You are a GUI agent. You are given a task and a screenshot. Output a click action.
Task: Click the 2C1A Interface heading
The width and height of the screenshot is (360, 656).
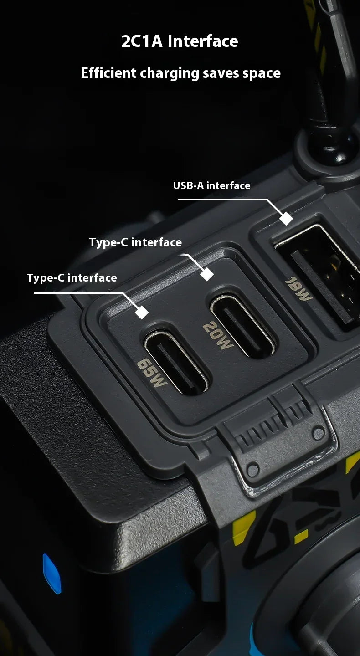180,41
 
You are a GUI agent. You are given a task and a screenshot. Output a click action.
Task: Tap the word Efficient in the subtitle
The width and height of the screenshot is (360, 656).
108,72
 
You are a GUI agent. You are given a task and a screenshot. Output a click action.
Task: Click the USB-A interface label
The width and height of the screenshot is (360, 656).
211,185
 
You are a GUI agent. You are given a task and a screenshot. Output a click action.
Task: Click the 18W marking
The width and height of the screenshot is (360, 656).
298,289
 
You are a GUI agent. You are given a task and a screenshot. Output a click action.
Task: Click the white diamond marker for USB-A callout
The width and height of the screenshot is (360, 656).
286,219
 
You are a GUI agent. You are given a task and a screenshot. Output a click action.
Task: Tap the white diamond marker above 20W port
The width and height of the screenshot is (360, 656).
207,274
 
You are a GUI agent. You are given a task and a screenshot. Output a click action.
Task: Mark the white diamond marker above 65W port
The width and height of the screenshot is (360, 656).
142,312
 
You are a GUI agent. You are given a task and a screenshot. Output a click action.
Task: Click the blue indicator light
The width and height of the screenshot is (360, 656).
52,573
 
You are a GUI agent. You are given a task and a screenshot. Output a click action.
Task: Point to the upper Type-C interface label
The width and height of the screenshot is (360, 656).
135,242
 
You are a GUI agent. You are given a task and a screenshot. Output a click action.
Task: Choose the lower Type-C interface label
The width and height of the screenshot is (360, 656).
72,277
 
